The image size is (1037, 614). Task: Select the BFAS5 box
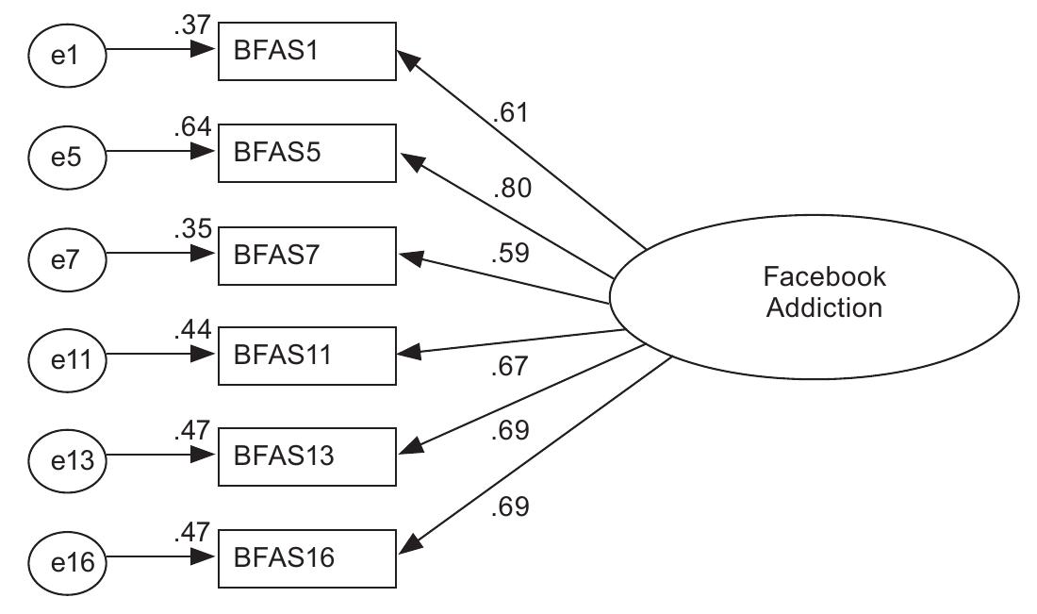tap(306, 153)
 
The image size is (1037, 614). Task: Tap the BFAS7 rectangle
tap(306, 255)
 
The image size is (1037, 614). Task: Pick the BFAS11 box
tap(306, 356)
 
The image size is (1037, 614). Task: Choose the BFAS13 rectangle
tap(306, 456)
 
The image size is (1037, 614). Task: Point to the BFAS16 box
tap(306, 558)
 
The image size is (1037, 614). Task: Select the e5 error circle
tap(65, 155)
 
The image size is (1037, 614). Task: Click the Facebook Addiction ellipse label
tap(824, 292)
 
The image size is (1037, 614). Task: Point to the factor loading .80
tap(511, 189)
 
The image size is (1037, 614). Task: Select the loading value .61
tap(509, 114)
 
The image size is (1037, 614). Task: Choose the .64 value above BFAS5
tap(192, 126)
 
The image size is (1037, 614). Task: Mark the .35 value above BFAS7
tap(192, 227)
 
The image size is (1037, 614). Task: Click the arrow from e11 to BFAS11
tap(160, 357)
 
